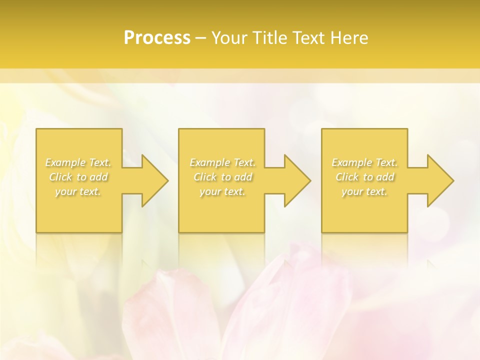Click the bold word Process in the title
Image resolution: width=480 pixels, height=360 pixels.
point(157,38)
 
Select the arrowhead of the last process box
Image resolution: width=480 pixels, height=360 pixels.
point(439,180)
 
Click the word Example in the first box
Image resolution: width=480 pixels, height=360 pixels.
point(65,162)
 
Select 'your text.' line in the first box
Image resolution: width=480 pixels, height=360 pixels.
point(78,191)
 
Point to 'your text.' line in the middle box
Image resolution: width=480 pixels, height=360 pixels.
point(222,191)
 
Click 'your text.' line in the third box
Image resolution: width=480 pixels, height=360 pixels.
point(364,191)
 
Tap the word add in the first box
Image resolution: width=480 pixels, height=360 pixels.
point(99,177)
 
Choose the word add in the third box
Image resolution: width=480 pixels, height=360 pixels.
point(386,177)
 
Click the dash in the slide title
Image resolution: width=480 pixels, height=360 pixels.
point(201,38)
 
